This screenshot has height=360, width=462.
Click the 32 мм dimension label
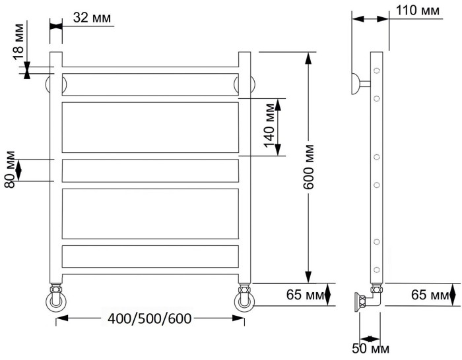pos(90,18)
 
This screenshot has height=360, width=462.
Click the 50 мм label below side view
pos(371,348)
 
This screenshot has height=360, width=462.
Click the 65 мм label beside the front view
pos(305,295)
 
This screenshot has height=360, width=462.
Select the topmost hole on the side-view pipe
pos(376,71)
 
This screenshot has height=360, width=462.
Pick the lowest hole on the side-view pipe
pos(376,269)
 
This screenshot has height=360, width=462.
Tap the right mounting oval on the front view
pos(248,84)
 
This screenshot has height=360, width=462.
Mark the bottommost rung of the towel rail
pos(150,255)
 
